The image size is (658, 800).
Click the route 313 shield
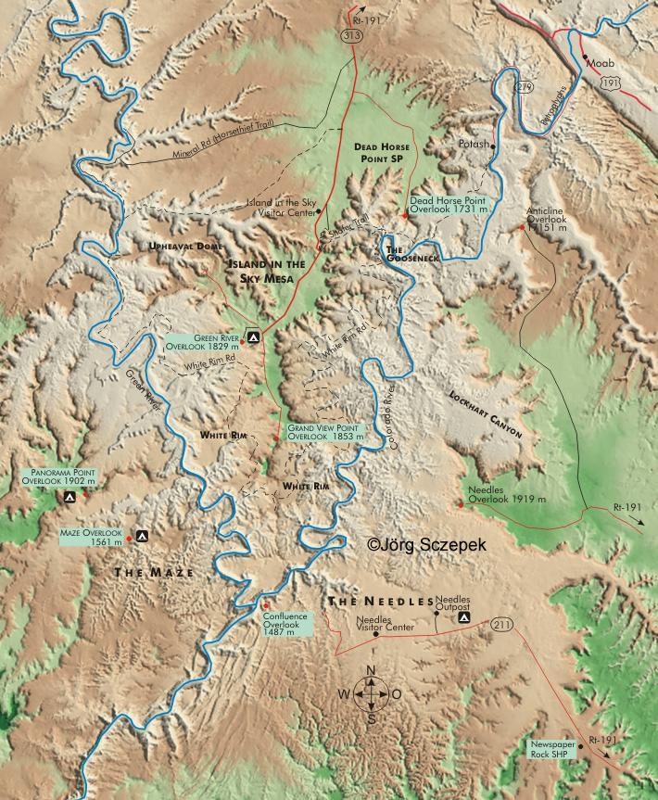(354, 35)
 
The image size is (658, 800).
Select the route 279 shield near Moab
(525, 86)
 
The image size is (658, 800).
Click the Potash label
(475, 145)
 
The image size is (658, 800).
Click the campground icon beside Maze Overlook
(142, 535)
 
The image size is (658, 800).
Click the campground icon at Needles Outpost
(462, 617)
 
